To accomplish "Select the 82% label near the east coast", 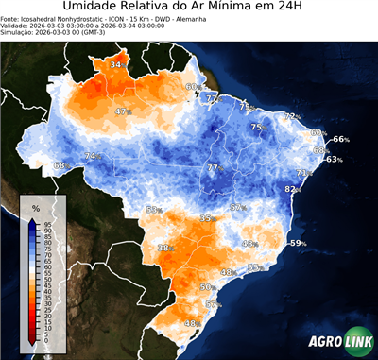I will tap(292, 189).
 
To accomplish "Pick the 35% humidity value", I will tap(207, 218).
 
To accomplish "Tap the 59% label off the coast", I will tap(298, 244).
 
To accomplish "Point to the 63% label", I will tap(334, 160).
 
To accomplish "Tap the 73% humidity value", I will tap(303, 173).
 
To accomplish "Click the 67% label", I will tap(238, 208).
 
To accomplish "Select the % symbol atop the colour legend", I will tap(35, 207).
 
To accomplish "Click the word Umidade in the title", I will tap(92, 9).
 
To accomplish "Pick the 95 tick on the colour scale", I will tap(48, 222).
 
